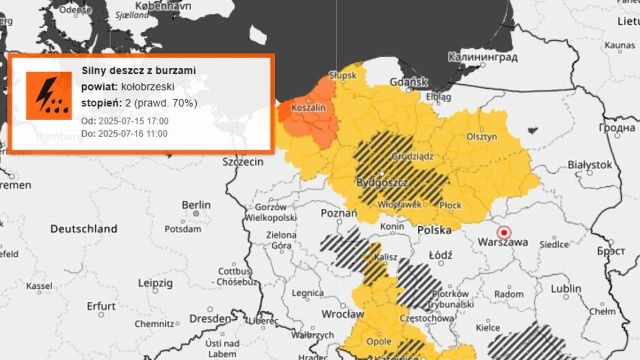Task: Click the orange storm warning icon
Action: pos(45,92)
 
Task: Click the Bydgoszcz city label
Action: pos(380,183)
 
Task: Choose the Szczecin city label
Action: pos(243,161)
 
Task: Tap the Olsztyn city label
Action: pos(482,138)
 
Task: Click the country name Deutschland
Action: pos(84,229)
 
